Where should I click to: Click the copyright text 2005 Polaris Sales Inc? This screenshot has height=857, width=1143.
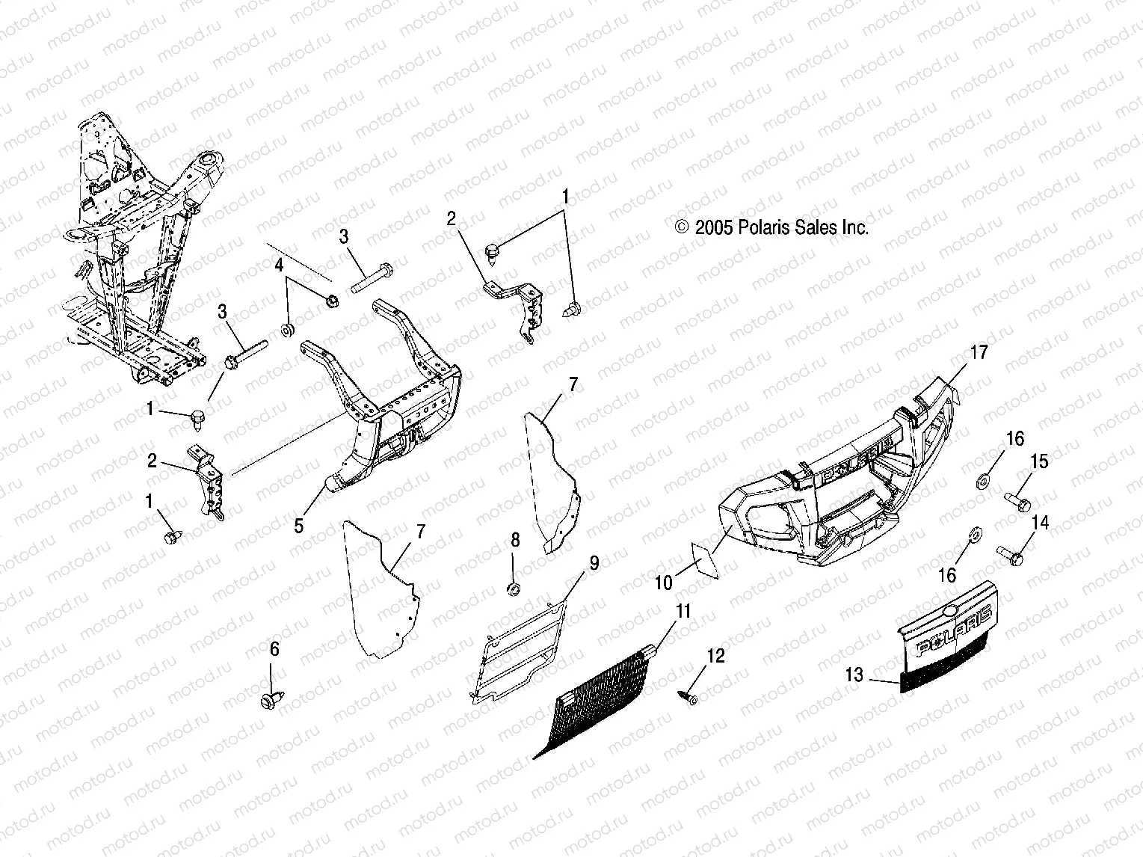coord(771,228)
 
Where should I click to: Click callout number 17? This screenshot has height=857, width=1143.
coord(979,352)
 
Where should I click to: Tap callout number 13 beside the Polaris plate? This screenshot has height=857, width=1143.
coord(854,675)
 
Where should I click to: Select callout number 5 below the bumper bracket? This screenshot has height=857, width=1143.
coord(299,526)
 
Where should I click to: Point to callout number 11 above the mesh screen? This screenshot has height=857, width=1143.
coord(682,611)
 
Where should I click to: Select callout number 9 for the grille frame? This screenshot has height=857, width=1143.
coord(594,563)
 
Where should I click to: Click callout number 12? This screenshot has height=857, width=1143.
coord(715,656)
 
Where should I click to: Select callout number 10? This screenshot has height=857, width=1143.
coord(665,583)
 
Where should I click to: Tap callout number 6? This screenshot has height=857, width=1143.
coord(274,649)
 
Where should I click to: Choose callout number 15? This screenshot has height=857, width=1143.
coord(1040,462)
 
